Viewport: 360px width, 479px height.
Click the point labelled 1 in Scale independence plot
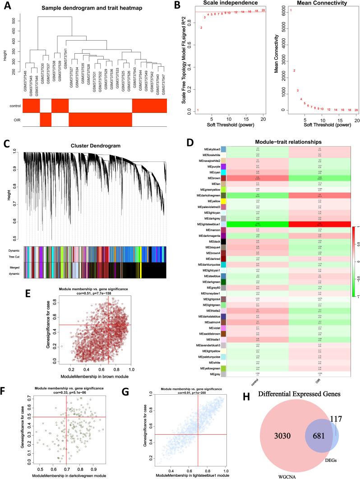pos(198,110)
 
